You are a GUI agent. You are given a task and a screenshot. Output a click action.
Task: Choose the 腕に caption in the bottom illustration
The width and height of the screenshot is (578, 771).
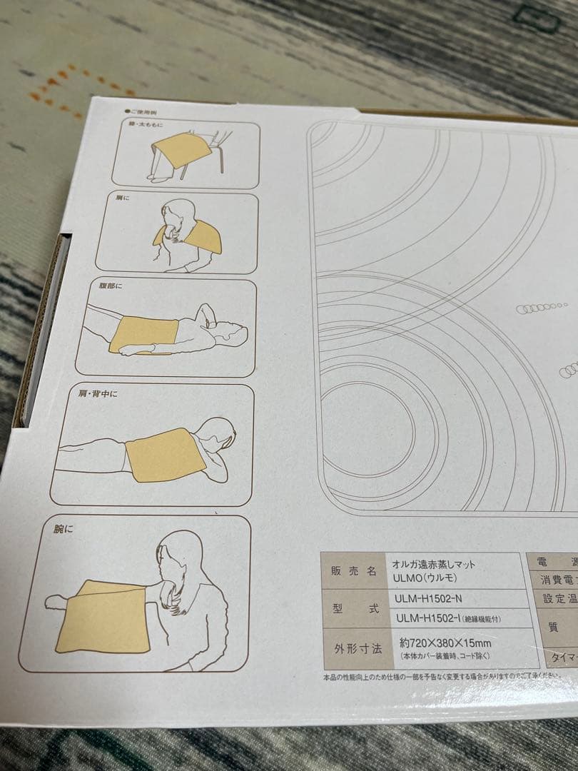pyautogui.click(x=64, y=530)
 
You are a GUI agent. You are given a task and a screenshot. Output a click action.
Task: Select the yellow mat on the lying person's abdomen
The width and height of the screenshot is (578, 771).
pyautogui.click(x=143, y=333)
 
